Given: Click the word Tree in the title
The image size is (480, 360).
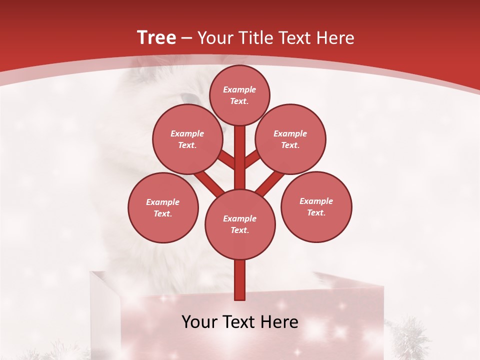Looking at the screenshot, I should [x=156, y=37].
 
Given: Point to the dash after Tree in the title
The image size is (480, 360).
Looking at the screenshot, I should [x=187, y=38].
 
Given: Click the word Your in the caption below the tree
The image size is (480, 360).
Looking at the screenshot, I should [x=200, y=322].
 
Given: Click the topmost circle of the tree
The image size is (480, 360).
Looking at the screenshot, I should [x=239, y=95].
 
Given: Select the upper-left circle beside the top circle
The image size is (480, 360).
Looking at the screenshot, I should [x=187, y=139].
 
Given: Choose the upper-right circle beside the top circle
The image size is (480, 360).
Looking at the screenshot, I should [x=290, y=139].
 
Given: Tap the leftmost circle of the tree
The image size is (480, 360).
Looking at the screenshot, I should [x=163, y=207].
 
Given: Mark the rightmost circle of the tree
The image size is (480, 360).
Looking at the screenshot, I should [x=316, y=206].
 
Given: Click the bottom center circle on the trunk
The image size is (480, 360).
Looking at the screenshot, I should [x=240, y=224].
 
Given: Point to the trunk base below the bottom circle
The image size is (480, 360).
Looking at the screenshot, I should [x=240, y=280].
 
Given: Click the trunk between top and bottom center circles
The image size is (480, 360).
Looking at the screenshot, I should [x=240, y=157].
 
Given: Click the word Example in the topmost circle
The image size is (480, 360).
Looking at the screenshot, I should [x=239, y=89].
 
